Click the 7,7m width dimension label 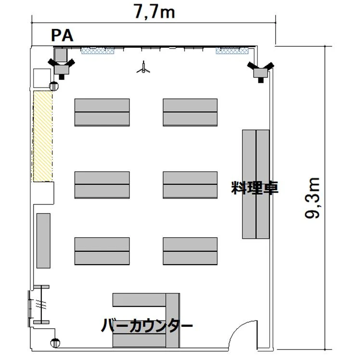click(154, 12)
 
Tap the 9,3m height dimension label click(312, 198)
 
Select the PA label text click(62, 36)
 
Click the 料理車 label click(255, 188)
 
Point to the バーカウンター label click(146, 325)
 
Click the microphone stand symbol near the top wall click(143, 67)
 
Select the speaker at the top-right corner click(260, 72)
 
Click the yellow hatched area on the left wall click(43, 136)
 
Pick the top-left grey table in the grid click(102, 112)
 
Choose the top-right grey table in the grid click(190, 112)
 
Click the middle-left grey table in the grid click(102, 185)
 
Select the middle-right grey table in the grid click(190, 185)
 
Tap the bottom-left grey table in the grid click(102, 251)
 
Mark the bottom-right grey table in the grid click(190, 251)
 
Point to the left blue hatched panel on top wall click(98, 51)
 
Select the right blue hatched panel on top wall click(232, 51)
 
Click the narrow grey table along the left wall click(43, 241)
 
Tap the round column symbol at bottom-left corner click(55, 343)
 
